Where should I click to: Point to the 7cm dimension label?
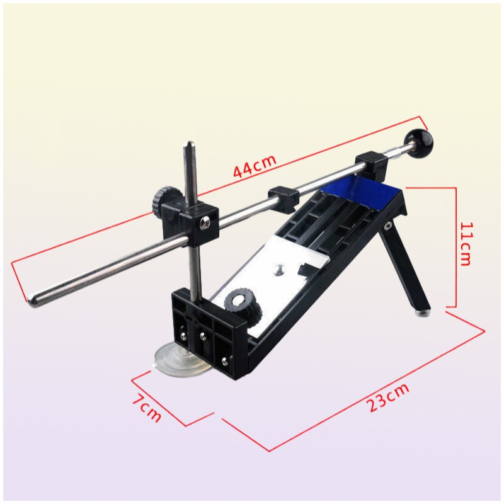point(147,409)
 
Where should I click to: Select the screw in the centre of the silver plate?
point(278,270)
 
